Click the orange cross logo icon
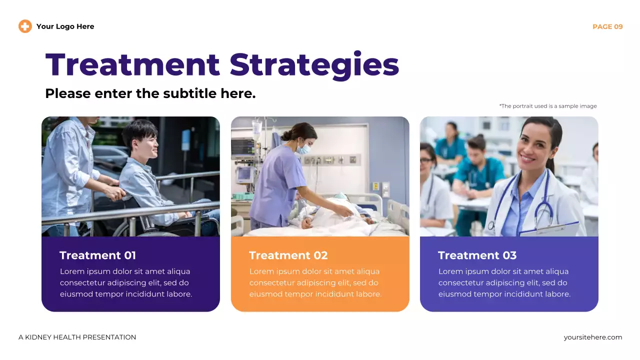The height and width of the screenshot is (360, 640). [x=25, y=26]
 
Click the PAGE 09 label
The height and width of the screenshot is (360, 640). [x=607, y=26]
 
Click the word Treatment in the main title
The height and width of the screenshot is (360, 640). [x=132, y=65]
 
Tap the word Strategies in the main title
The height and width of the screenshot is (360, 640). [x=314, y=65]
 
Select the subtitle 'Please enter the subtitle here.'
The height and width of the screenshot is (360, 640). [x=150, y=93]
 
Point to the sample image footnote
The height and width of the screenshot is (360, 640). [x=547, y=106]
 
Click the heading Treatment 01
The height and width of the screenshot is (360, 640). [x=97, y=255]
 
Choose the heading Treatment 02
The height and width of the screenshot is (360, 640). [x=288, y=255]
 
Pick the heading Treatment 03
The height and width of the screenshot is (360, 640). [x=477, y=255]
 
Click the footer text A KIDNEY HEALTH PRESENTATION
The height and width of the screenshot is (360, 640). [x=77, y=337]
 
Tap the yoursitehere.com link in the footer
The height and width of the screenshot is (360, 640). [x=592, y=337]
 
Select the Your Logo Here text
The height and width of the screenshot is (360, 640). [x=65, y=26]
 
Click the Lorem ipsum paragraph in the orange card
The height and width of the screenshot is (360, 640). [x=315, y=283]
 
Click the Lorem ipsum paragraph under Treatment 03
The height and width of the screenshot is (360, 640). [x=504, y=283]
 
